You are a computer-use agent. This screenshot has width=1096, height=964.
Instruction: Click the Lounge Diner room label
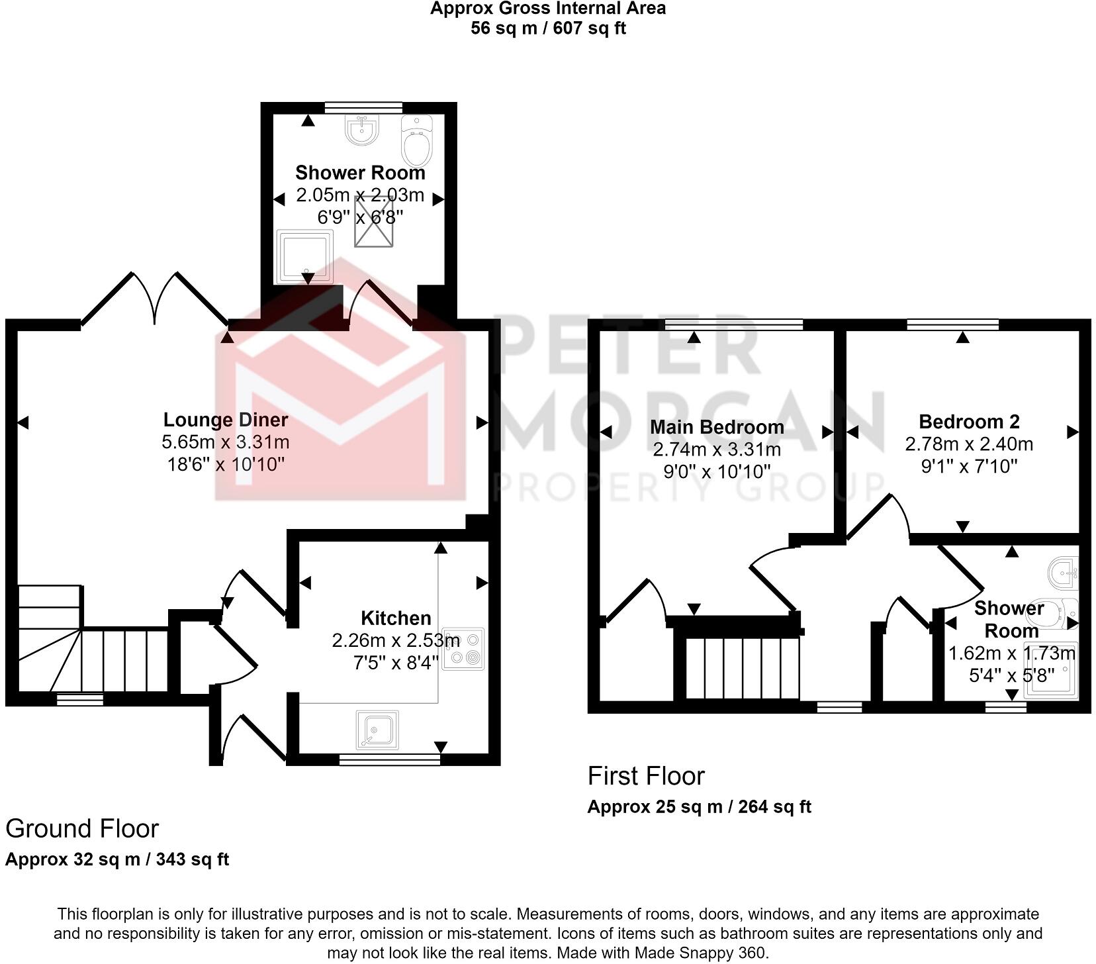[x=226, y=420]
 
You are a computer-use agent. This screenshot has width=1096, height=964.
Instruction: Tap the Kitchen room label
[x=396, y=618]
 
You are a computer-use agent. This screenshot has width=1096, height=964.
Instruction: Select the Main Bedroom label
[x=717, y=427]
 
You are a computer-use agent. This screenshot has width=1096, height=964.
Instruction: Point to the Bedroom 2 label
[x=969, y=422]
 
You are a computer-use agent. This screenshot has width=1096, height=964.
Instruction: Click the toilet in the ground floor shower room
[x=417, y=140]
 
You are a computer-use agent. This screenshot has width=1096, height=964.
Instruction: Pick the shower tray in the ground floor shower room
[x=305, y=256]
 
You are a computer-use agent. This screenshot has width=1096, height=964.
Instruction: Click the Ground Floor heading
[x=82, y=829]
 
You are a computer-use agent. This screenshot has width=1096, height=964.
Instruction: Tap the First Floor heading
[x=646, y=776]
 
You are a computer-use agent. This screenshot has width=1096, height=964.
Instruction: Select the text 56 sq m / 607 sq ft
[x=548, y=28]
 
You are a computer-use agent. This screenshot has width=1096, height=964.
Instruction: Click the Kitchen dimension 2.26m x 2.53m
[x=396, y=640]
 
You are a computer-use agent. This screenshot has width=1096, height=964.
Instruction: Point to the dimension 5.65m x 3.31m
[x=226, y=442]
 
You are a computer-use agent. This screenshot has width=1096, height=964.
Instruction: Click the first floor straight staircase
[x=742, y=667]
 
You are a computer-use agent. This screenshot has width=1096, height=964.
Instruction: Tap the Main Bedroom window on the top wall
[x=733, y=324]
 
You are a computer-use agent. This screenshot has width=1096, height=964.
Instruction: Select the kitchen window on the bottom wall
[x=389, y=759]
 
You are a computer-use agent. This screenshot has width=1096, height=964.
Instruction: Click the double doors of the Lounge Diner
[x=155, y=298]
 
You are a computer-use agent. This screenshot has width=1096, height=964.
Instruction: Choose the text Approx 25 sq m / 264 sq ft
[x=699, y=807]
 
